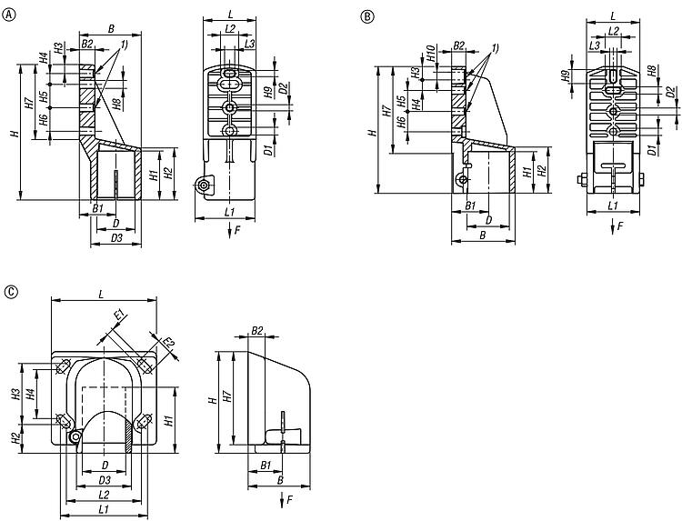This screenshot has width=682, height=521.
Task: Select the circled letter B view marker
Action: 366,16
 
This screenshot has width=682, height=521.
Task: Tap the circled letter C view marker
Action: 10,292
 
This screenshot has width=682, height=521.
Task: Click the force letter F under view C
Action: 289,500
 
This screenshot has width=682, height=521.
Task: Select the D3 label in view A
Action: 115,237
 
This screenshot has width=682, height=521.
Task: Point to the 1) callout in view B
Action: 495,46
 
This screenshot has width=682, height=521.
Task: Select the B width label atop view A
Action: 111,29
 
